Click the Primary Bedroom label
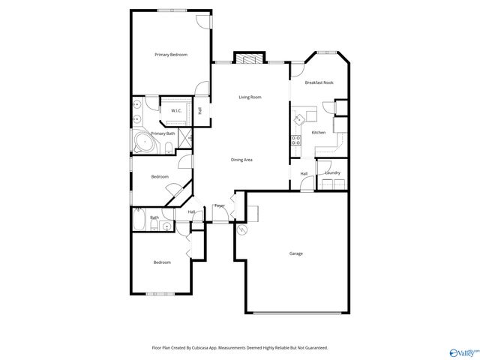tap(171, 55)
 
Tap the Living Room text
tap(250, 97)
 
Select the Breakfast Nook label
tap(319, 83)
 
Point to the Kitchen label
tap(319, 133)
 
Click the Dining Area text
tap(241, 160)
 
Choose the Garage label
tap(296, 253)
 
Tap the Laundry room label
tap(332, 173)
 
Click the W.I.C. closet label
tap(176, 111)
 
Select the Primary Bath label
tap(163, 133)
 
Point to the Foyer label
tap(220, 205)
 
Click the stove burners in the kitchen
tap(296, 139)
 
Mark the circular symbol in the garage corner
tap(241, 231)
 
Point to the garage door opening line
tap(298, 312)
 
